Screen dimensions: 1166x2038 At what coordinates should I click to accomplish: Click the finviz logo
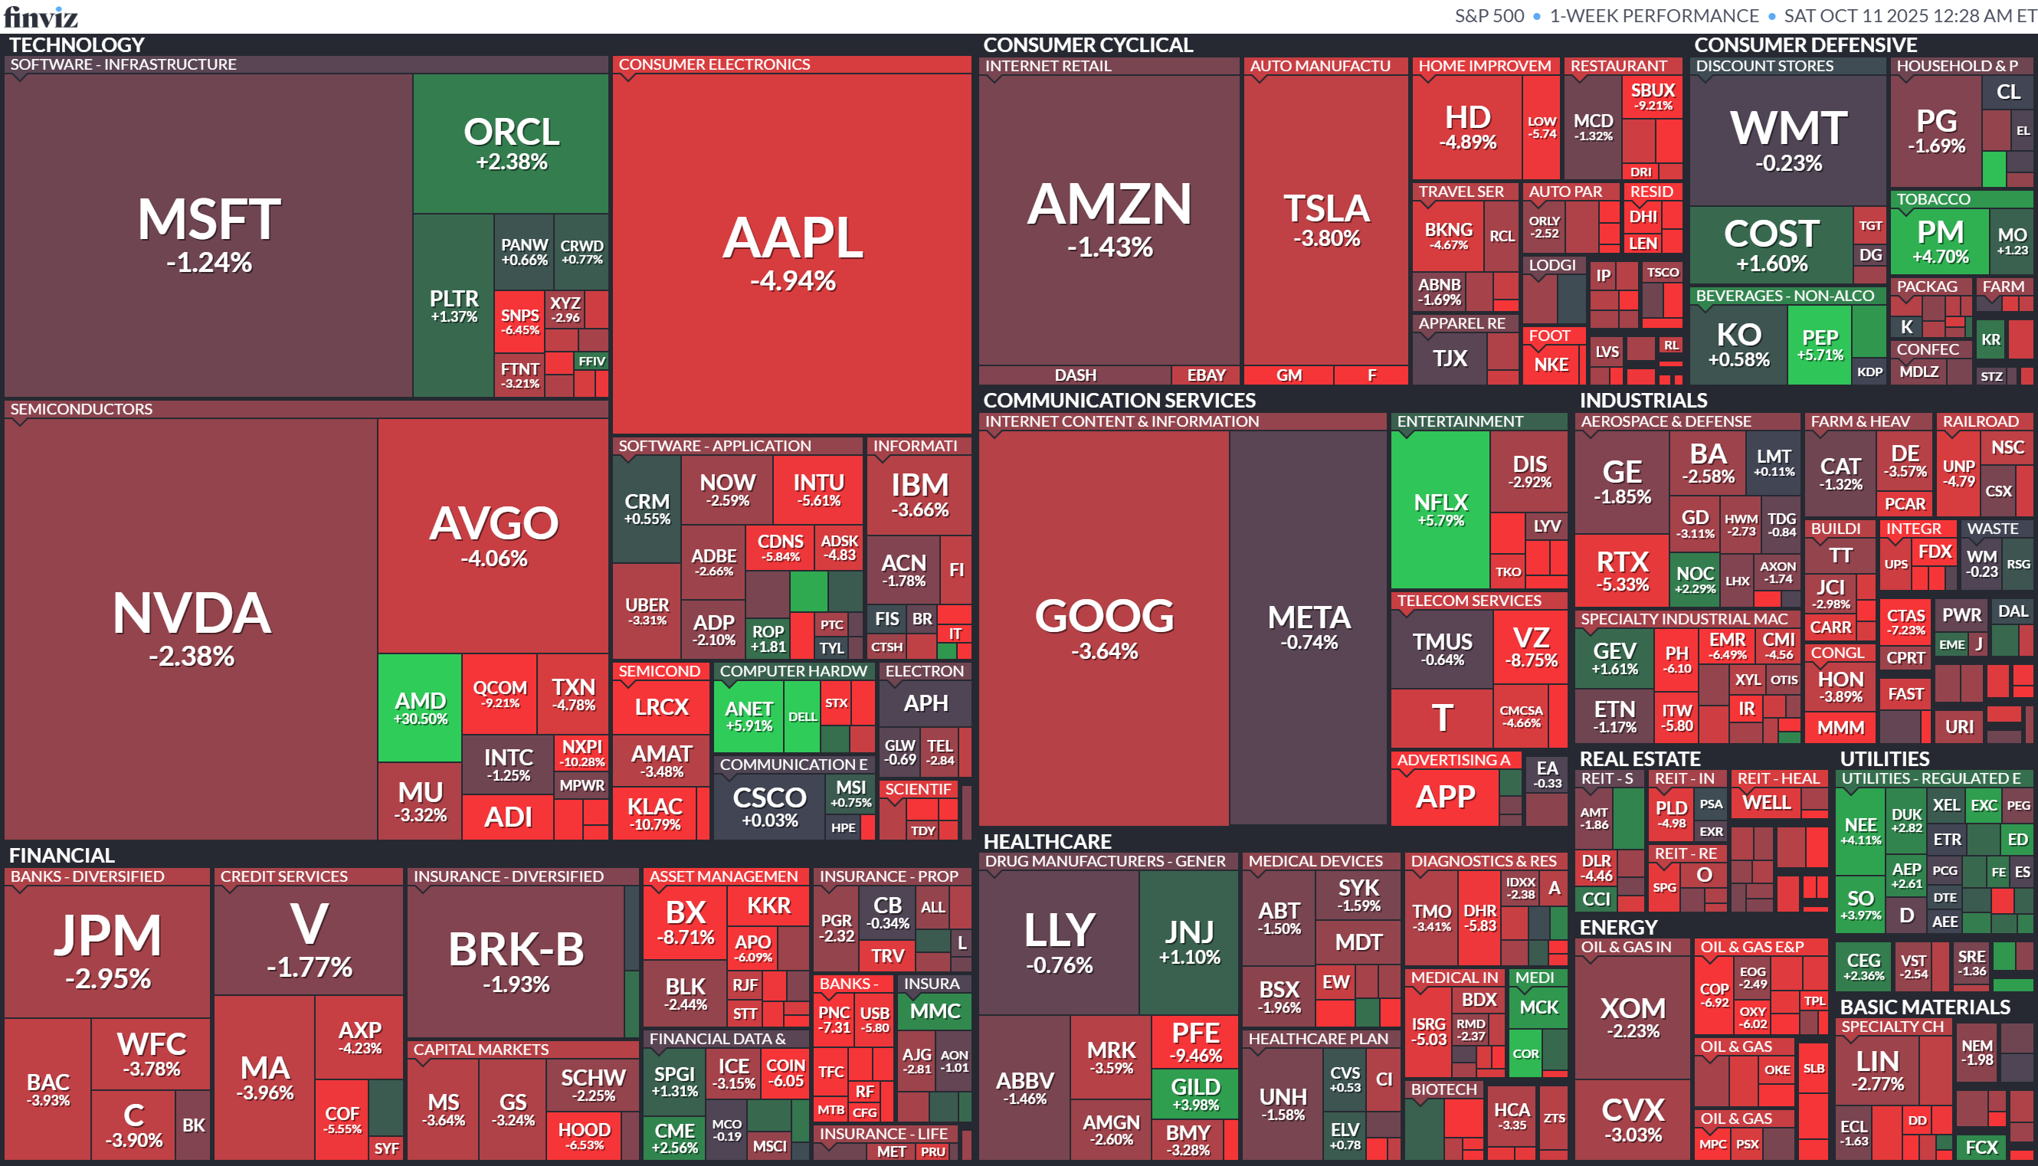(41, 16)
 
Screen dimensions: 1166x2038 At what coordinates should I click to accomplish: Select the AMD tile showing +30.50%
(420, 707)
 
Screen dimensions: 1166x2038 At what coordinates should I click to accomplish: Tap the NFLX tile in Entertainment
(1440, 509)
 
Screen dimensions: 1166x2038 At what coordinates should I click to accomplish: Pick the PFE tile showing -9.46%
(1194, 1041)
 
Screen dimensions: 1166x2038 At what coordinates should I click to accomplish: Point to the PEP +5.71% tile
(1820, 344)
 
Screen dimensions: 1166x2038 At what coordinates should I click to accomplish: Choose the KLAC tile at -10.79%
(654, 813)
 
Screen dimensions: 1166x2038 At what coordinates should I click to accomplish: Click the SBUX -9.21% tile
(1653, 96)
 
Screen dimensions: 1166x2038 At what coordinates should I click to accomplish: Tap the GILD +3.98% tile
(1194, 1094)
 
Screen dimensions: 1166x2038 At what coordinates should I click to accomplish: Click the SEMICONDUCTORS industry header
(81, 409)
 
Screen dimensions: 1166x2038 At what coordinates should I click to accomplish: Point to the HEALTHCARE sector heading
(1047, 841)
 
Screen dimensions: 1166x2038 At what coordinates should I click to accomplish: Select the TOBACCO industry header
(1932, 199)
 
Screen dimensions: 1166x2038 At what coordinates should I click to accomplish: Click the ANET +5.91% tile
(748, 715)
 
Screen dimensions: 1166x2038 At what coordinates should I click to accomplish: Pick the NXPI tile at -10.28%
(582, 753)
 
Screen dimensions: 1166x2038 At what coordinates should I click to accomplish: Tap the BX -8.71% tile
(686, 921)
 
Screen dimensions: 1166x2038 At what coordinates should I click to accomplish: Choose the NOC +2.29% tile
(1695, 579)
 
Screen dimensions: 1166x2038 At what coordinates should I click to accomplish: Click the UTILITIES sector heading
(1884, 758)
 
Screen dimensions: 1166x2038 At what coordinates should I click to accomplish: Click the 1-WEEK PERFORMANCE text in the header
(1653, 16)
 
